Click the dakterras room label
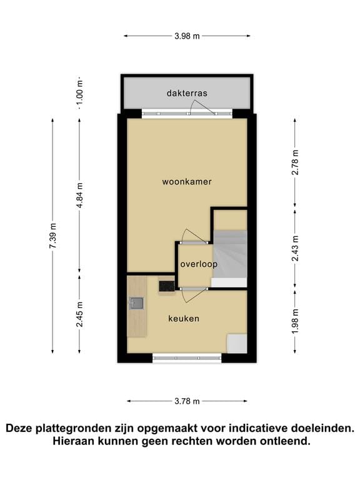click(x=187, y=93)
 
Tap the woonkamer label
click(x=187, y=182)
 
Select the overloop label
click(x=199, y=264)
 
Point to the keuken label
click(x=184, y=319)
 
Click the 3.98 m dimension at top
click(x=187, y=36)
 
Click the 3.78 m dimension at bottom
click(x=187, y=401)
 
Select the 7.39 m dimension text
click(x=54, y=236)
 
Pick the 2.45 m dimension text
click(x=80, y=314)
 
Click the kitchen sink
click(x=136, y=304)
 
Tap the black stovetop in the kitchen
click(x=166, y=286)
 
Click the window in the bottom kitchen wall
click(x=187, y=358)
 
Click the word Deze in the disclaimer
click(x=19, y=429)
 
